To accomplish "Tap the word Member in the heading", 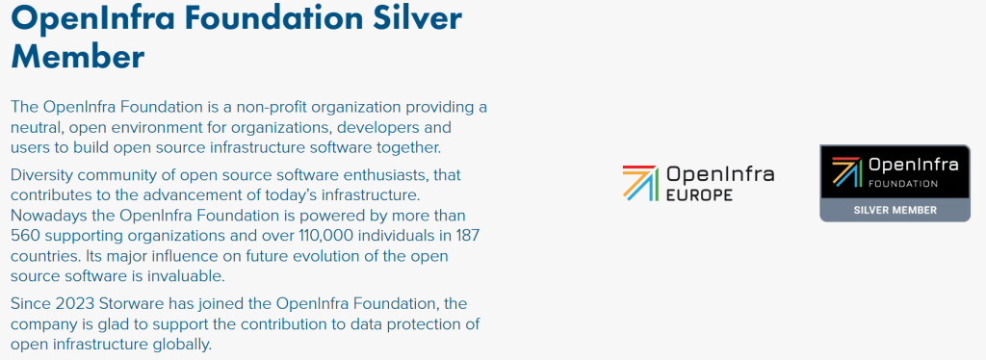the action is [78, 56].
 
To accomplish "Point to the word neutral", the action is [37, 127].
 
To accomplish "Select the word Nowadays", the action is [42, 217].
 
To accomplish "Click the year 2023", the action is [75, 304].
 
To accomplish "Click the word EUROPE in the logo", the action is [699, 194].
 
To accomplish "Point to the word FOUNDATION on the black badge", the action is [903, 184].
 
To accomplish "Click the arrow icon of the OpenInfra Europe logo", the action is [640, 183].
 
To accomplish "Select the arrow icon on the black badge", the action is [847, 171].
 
